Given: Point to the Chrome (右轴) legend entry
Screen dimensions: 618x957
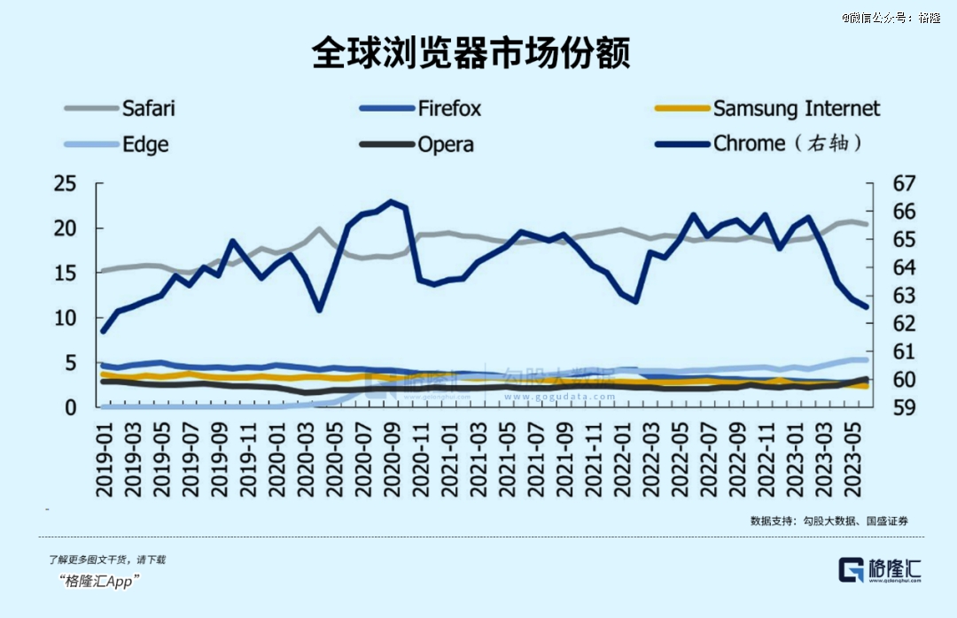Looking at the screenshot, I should [x=788, y=143].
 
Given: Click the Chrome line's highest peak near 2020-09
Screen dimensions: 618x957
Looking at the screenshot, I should [x=392, y=202].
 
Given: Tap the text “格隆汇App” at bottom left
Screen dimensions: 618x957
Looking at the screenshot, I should [x=101, y=581].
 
